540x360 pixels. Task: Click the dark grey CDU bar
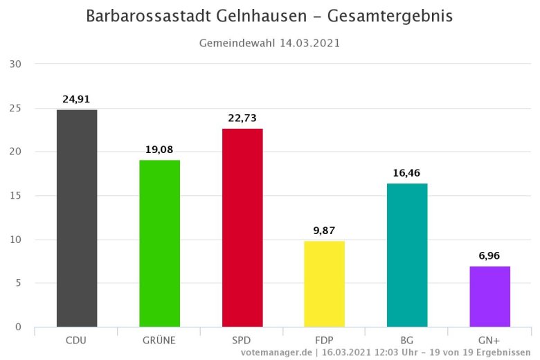pos(77,218)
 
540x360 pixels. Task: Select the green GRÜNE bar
pos(159,243)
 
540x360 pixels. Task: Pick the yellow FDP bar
pos(324,284)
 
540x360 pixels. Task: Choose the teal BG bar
pos(407,255)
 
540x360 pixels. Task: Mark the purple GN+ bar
pos(489,296)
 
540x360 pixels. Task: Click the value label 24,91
pos(77,99)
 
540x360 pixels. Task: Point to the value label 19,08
pos(159,150)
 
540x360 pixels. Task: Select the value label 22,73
pos(242,118)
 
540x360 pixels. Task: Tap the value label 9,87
pos(324,231)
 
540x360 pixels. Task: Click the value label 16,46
pos(407,172)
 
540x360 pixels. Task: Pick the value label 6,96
pos(489,256)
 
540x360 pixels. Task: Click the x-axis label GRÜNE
pos(159,340)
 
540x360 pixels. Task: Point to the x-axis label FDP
pos(324,340)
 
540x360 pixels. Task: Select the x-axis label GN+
pos(489,340)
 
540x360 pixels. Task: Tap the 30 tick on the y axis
pos(16,64)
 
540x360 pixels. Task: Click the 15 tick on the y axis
pos(16,196)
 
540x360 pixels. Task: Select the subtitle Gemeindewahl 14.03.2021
pos(269,43)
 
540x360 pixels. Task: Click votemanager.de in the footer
pos(275,352)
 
